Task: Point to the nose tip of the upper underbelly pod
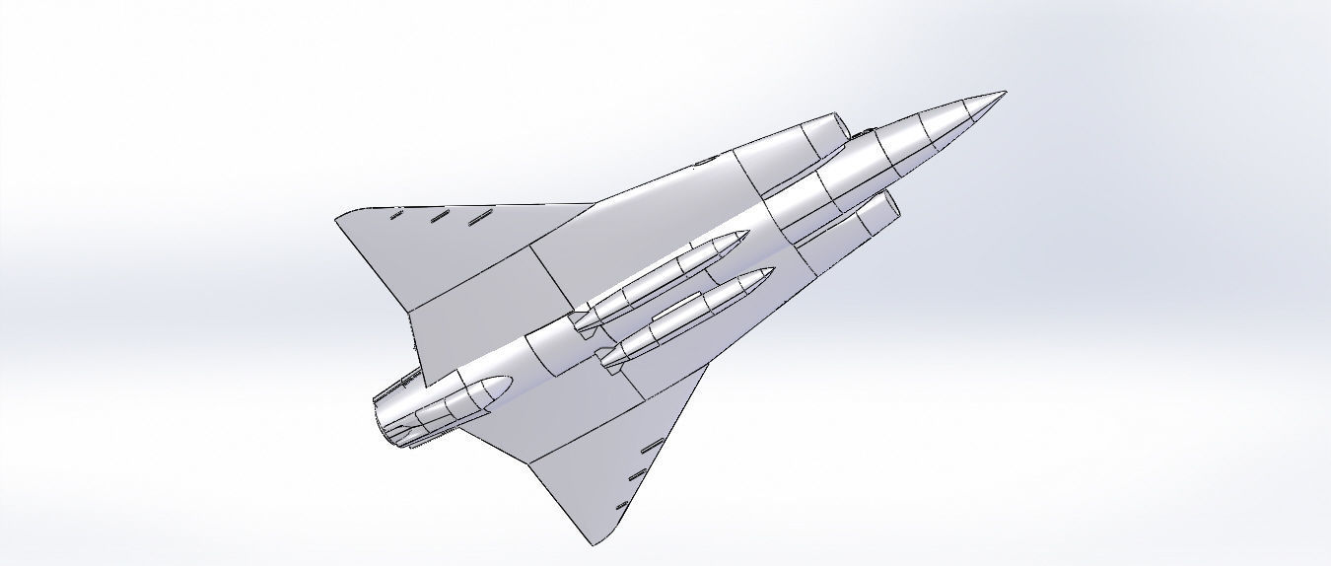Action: pos(744,235)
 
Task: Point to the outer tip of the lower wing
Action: pos(595,543)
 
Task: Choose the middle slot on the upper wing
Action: pos(439,216)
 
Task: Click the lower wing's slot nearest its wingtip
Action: pos(621,507)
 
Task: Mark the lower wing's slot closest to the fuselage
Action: pos(650,447)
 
